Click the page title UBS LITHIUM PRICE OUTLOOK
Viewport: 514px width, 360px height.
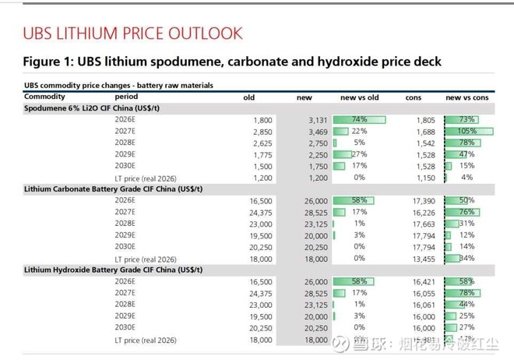pyautogui.click(x=132, y=34)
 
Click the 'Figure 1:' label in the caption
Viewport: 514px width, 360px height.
pyautogui.click(x=52, y=62)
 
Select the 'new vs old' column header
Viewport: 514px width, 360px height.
pyautogui.click(x=359, y=97)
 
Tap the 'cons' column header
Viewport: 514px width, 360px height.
pyautogui.click(x=414, y=97)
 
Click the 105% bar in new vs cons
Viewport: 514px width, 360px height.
pyautogui.click(x=463, y=132)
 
